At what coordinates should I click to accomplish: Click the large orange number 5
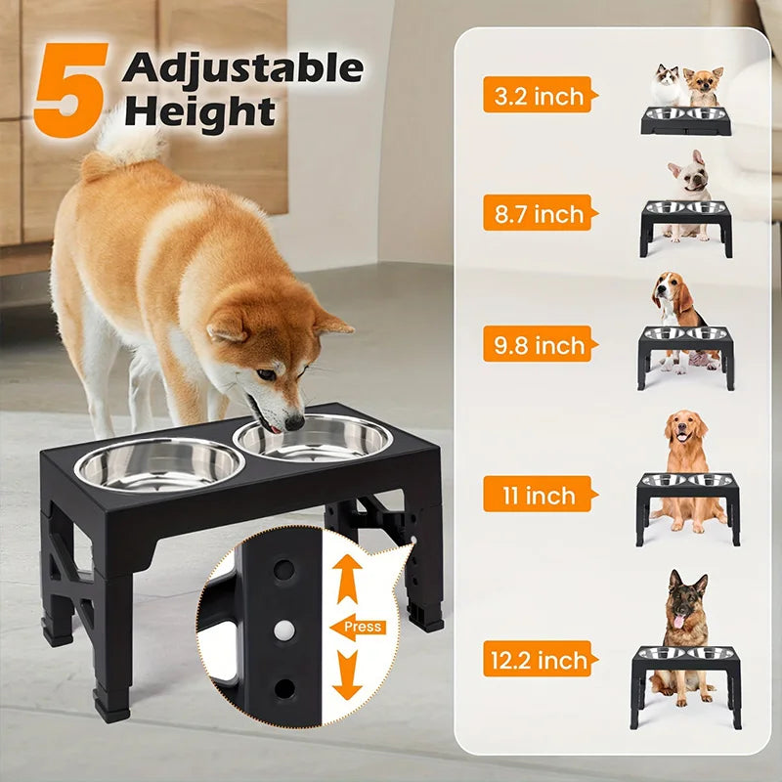coord(69,88)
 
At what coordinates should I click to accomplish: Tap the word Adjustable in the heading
coord(243,69)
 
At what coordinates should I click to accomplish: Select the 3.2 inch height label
coord(539,95)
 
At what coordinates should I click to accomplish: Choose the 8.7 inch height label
coord(539,213)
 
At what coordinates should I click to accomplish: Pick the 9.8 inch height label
coord(539,344)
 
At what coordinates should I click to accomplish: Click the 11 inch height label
coord(538,495)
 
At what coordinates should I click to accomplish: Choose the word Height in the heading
coord(200,112)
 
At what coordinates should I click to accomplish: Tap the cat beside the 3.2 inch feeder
coord(667,85)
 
